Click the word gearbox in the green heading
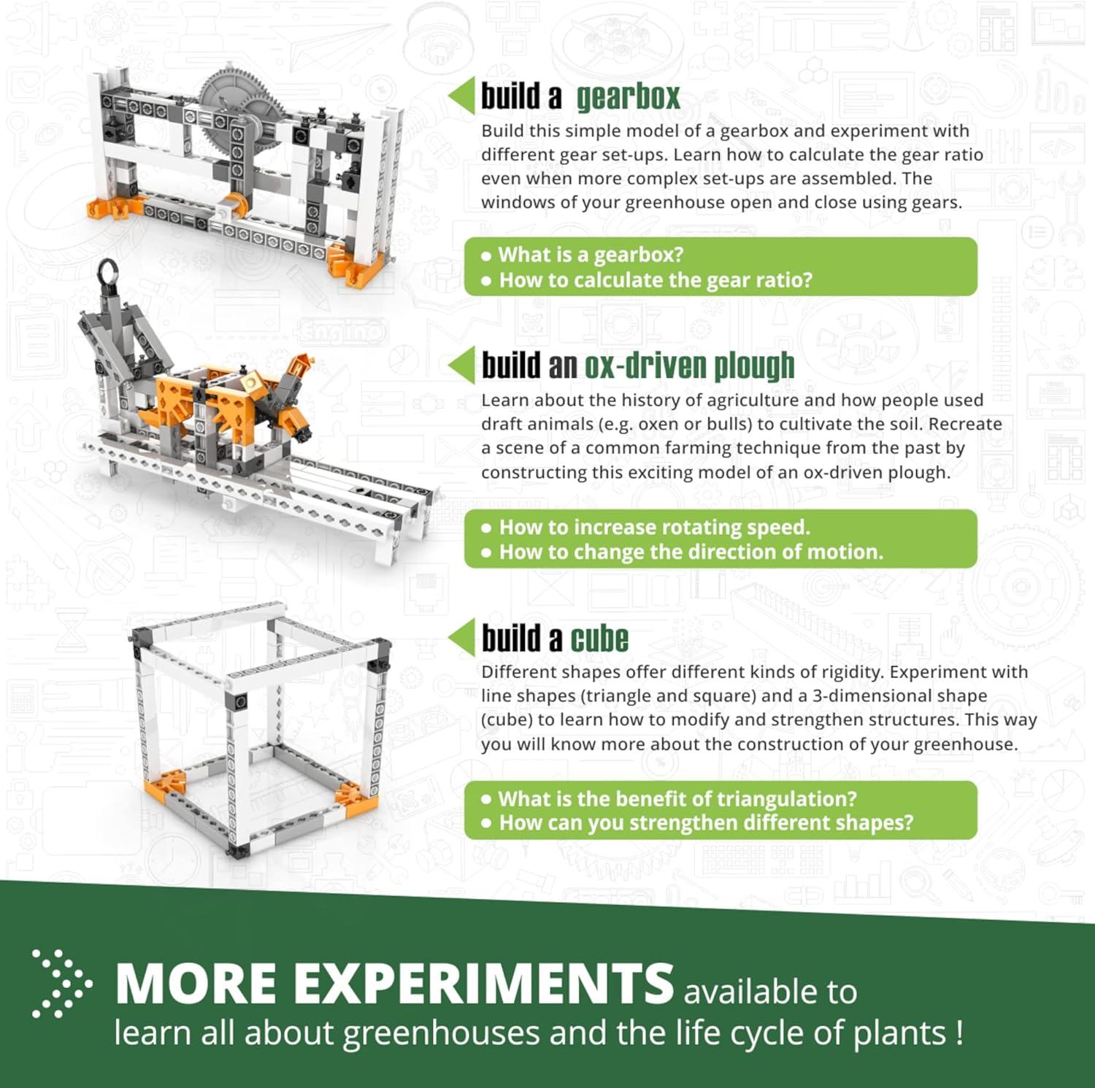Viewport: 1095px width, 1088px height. (628, 98)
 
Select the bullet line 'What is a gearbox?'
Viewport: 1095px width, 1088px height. (591, 255)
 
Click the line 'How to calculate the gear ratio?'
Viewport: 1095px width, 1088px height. (655, 280)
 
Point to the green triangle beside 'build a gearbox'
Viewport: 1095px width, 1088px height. (462, 96)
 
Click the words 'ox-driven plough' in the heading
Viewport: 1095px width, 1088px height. (688, 366)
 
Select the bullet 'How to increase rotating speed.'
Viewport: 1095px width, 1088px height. (654, 527)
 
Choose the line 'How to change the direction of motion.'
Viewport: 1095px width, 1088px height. (691, 552)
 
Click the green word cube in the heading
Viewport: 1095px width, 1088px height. (599, 639)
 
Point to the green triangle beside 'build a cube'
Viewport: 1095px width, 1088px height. (462, 638)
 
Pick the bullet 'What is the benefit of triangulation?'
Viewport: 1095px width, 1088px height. (677, 798)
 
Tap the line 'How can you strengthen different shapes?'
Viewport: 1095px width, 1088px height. (706, 823)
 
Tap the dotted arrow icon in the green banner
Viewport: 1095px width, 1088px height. (61, 983)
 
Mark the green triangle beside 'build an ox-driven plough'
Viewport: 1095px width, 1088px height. (462, 365)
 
